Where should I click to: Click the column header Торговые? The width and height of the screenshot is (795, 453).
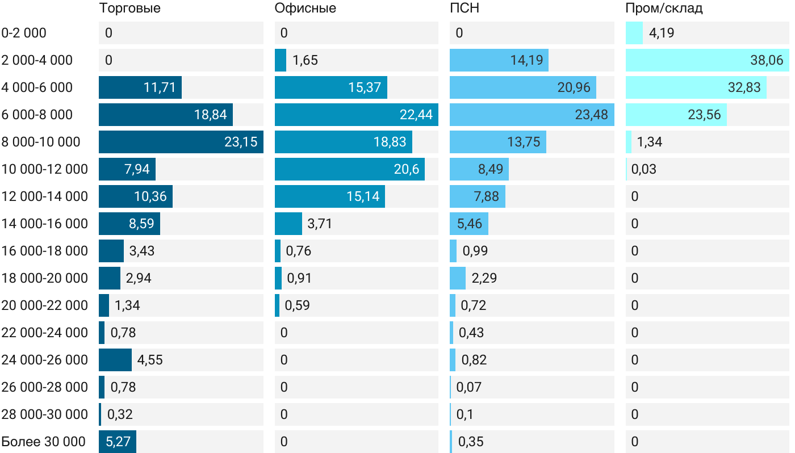tap(129, 8)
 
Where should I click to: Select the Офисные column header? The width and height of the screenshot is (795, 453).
tap(305, 8)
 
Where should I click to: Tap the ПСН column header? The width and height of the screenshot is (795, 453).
tap(461, 8)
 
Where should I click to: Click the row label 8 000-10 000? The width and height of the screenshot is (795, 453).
tap(41, 142)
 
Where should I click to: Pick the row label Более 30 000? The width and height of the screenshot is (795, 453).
tap(44, 442)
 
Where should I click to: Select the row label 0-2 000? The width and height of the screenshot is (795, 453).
tap(24, 33)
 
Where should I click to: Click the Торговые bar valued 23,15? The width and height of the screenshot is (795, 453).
tap(181, 142)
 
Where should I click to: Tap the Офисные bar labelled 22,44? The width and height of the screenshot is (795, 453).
tap(356, 115)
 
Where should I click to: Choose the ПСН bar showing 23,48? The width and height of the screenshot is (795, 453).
tap(531, 115)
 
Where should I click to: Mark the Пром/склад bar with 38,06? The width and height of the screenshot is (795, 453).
tap(707, 60)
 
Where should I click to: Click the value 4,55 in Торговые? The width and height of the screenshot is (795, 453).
tap(150, 360)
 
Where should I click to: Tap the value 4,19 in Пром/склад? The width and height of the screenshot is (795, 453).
tap(662, 33)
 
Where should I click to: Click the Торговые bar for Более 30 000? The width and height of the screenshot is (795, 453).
tap(118, 442)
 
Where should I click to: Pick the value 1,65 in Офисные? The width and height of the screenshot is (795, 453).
tap(305, 60)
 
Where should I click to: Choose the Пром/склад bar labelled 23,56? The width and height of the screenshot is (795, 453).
tap(676, 115)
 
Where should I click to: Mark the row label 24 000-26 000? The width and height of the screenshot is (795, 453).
tap(45, 360)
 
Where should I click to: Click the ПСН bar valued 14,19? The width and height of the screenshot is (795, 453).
tap(499, 60)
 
